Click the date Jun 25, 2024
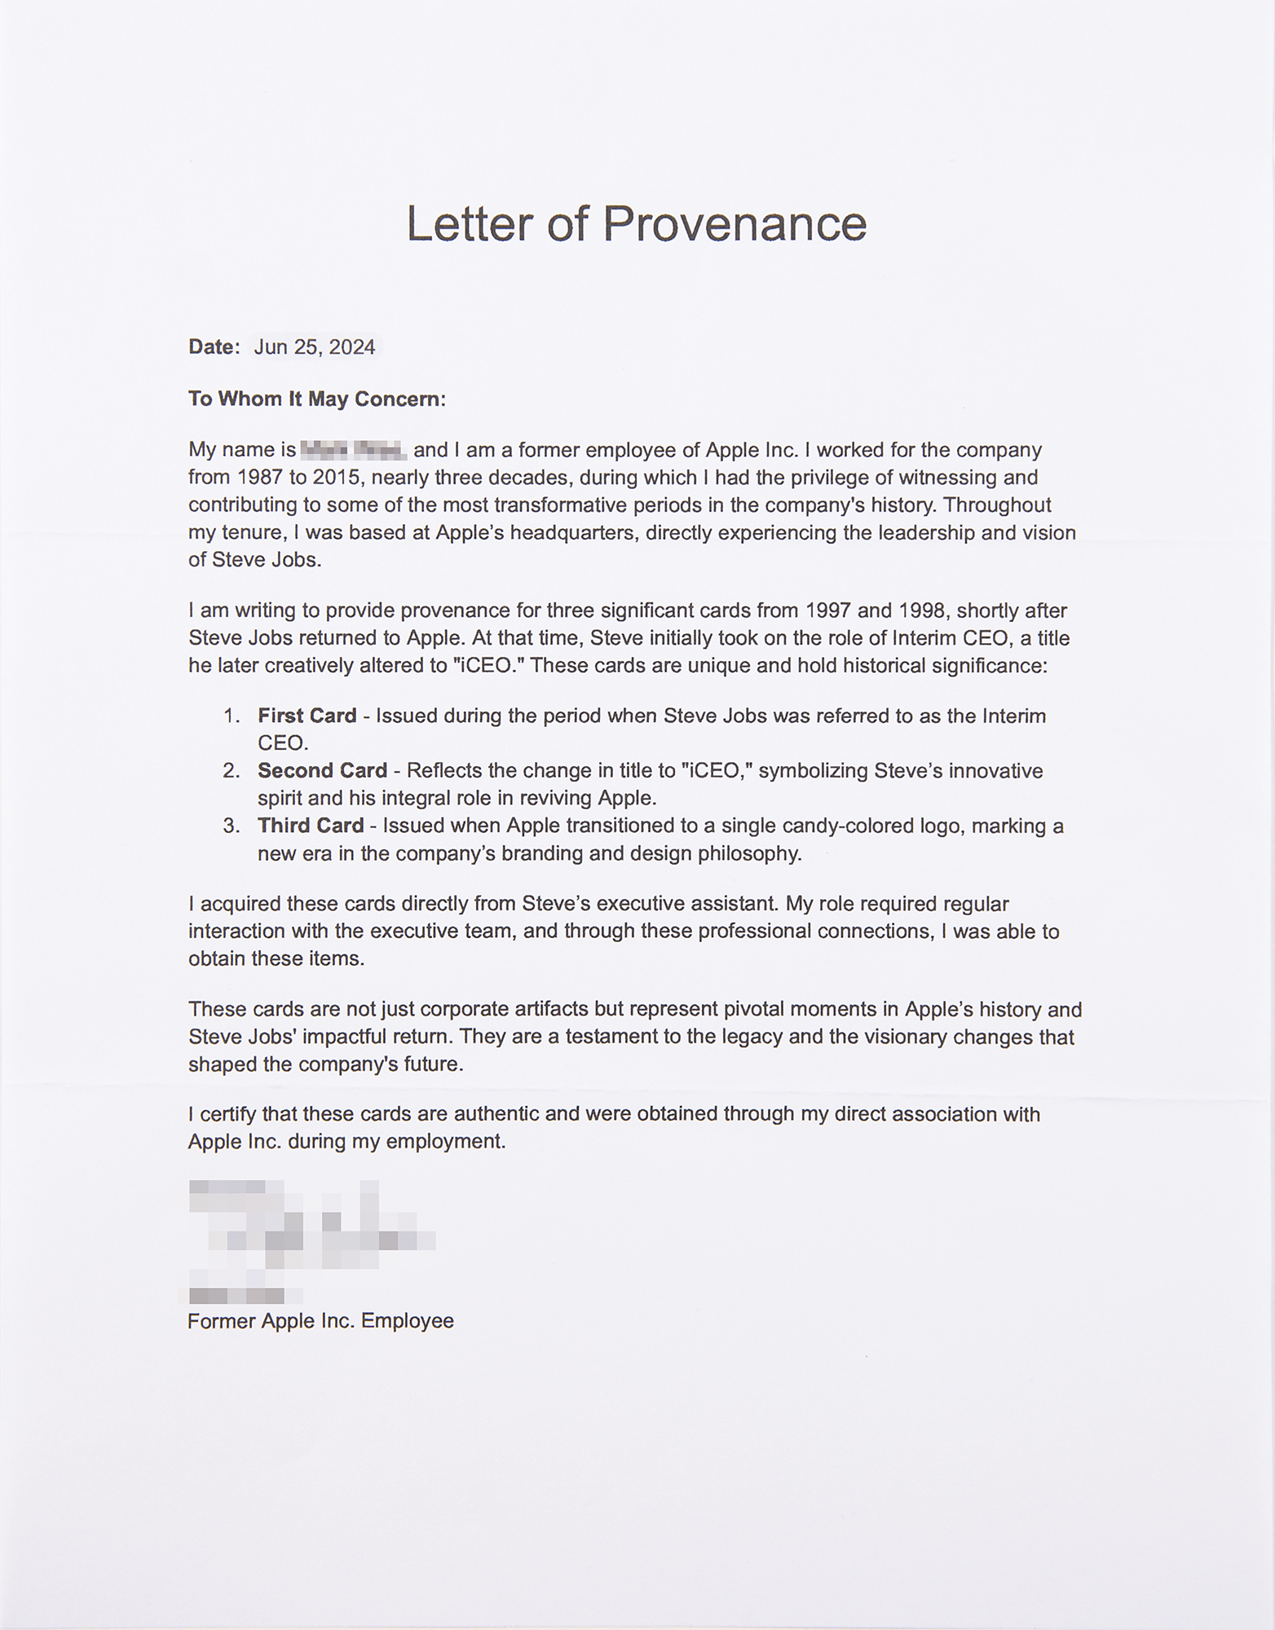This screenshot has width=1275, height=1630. (314, 347)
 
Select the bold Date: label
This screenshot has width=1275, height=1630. (214, 347)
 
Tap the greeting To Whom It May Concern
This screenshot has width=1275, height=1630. (316, 399)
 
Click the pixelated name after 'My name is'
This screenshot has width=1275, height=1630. (353, 449)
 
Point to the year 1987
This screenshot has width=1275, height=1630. (257, 477)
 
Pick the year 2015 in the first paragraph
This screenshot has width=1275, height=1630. (336, 477)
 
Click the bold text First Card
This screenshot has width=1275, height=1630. (307, 716)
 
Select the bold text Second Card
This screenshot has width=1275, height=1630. (322, 770)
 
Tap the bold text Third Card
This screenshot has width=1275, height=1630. (311, 826)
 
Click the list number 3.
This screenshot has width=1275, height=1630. (231, 826)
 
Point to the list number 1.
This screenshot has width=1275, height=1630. (231, 716)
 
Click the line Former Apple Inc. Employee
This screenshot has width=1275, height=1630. (320, 1321)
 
